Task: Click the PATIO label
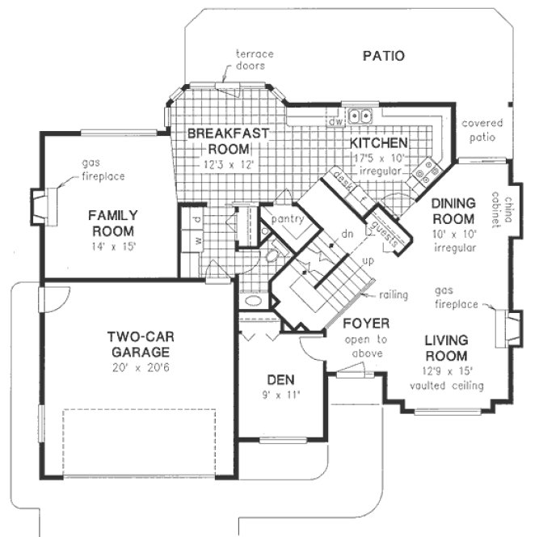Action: tap(383, 57)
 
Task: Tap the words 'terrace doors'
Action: tap(255, 59)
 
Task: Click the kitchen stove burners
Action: tap(424, 171)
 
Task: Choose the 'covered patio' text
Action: tap(482, 129)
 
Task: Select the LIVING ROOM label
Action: tap(447, 349)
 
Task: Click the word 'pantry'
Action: tap(287, 220)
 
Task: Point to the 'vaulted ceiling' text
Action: tap(447, 386)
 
